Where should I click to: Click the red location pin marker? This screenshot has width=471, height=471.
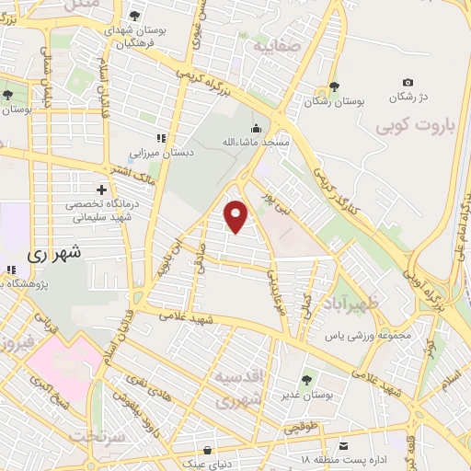tap(236, 215)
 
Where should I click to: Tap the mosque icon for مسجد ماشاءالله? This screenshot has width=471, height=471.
tap(256, 129)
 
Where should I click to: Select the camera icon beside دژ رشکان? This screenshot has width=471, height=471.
tap(408, 83)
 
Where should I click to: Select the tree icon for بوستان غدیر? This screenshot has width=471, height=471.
tap(306, 378)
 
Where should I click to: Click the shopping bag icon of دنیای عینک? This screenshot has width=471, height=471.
tap(206, 450)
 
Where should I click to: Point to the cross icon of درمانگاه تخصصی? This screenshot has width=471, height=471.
tap(100, 190)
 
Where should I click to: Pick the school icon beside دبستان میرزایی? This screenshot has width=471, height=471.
tap(160, 138)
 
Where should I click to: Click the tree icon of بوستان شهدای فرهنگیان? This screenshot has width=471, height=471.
tap(135, 16)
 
